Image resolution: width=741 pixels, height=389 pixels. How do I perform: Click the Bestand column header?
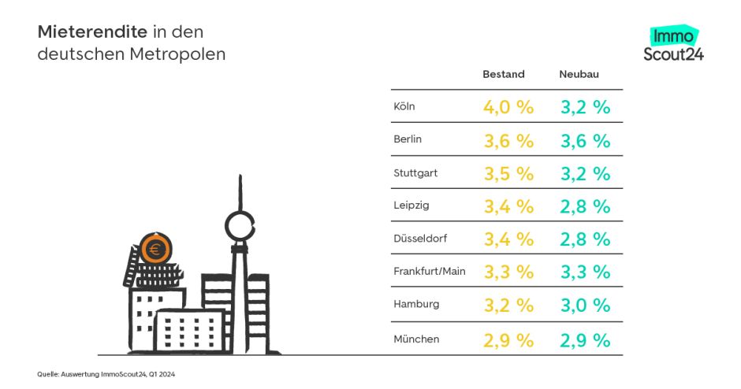click(503, 75)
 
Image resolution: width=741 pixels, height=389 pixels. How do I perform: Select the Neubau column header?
click(579, 75)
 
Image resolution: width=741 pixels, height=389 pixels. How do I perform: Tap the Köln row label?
click(404, 106)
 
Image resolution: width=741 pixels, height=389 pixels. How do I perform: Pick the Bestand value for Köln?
click(508, 107)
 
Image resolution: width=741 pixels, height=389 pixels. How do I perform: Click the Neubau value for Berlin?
click(586, 140)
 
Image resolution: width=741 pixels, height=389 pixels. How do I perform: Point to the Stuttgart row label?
click(415, 172)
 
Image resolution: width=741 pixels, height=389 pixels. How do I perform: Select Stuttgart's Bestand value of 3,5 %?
click(508, 173)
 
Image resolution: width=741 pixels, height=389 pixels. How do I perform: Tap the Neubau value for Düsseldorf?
click(586, 239)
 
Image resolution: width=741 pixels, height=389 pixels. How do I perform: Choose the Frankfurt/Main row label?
click(430, 272)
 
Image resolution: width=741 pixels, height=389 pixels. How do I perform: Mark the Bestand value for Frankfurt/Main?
click(508, 272)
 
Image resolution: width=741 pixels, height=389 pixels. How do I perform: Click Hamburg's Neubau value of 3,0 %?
click(586, 306)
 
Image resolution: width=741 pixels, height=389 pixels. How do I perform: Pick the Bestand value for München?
click(508, 339)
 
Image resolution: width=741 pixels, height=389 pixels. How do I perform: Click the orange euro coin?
click(154, 250)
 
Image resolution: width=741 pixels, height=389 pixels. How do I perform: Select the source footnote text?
click(106, 374)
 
